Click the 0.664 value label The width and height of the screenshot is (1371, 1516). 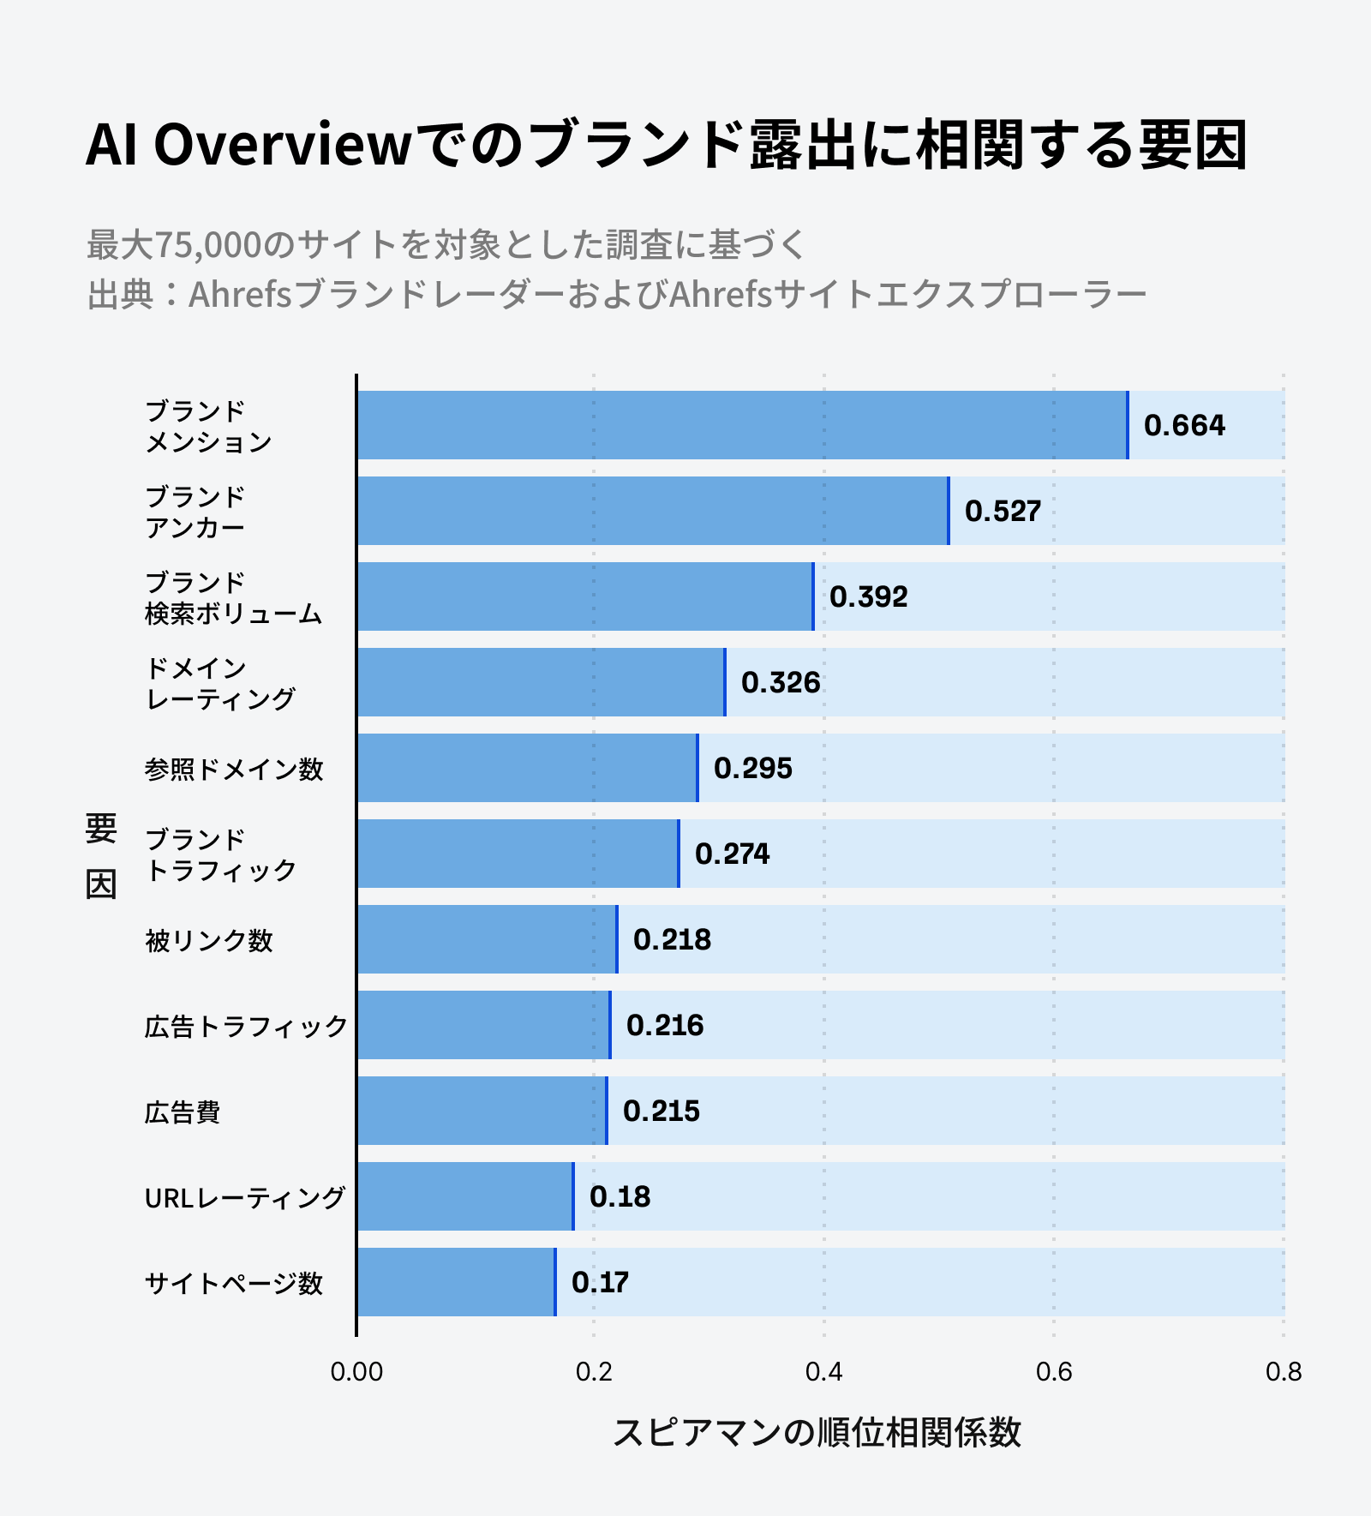1184,425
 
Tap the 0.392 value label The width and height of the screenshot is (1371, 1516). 868,596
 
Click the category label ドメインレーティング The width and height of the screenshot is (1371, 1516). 221,683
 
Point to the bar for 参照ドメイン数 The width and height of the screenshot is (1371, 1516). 526,768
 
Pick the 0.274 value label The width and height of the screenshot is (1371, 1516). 732,854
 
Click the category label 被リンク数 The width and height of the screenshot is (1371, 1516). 209,940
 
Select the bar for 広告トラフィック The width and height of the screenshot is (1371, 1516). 483,1025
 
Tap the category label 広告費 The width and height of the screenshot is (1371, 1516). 183,1112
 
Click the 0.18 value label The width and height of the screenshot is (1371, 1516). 620,1196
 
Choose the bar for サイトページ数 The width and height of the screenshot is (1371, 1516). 456,1282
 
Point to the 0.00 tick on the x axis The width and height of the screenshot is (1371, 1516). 356,1372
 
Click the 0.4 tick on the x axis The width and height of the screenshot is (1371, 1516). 823,1372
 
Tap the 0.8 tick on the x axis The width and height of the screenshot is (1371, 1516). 1283,1372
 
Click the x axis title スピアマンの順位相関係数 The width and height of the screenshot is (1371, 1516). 817,1432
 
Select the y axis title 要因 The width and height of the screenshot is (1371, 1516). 101,855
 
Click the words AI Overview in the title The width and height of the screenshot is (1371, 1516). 249,145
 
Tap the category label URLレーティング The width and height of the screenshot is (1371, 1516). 245,1197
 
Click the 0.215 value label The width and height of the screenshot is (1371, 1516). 661,1111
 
